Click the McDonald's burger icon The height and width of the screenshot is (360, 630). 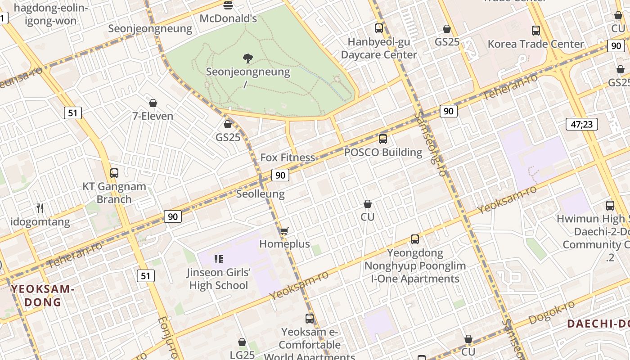click(x=228, y=5)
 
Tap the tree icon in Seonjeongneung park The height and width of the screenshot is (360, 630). click(x=247, y=58)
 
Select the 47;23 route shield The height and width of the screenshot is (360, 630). click(x=581, y=124)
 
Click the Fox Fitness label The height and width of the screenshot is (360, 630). click(x=288, y=157)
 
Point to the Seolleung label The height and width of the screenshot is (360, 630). click(x=261, y=194)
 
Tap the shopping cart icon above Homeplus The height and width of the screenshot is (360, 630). click(x=284, y=231)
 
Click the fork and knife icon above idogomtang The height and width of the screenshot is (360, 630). click(x=40, y=208)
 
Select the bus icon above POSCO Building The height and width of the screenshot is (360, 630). click(x=383, y=139)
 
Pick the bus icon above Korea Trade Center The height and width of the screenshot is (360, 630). click(x=535, y=31)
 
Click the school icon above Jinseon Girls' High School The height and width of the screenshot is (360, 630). click(x=219, y=259)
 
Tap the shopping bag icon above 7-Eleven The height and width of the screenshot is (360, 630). click(x=153, y=103)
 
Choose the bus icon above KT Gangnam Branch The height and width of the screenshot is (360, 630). click(x=114, y=173)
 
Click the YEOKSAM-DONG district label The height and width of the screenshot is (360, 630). click(x=43, y=295)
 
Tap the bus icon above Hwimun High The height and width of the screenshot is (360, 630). click(x=610, y=206)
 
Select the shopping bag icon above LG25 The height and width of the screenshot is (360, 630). click(x=242, y=342)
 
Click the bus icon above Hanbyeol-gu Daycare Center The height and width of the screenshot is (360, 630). click(x=379, y=28)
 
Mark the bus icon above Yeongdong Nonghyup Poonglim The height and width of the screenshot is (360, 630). click(x=415, y=239)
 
